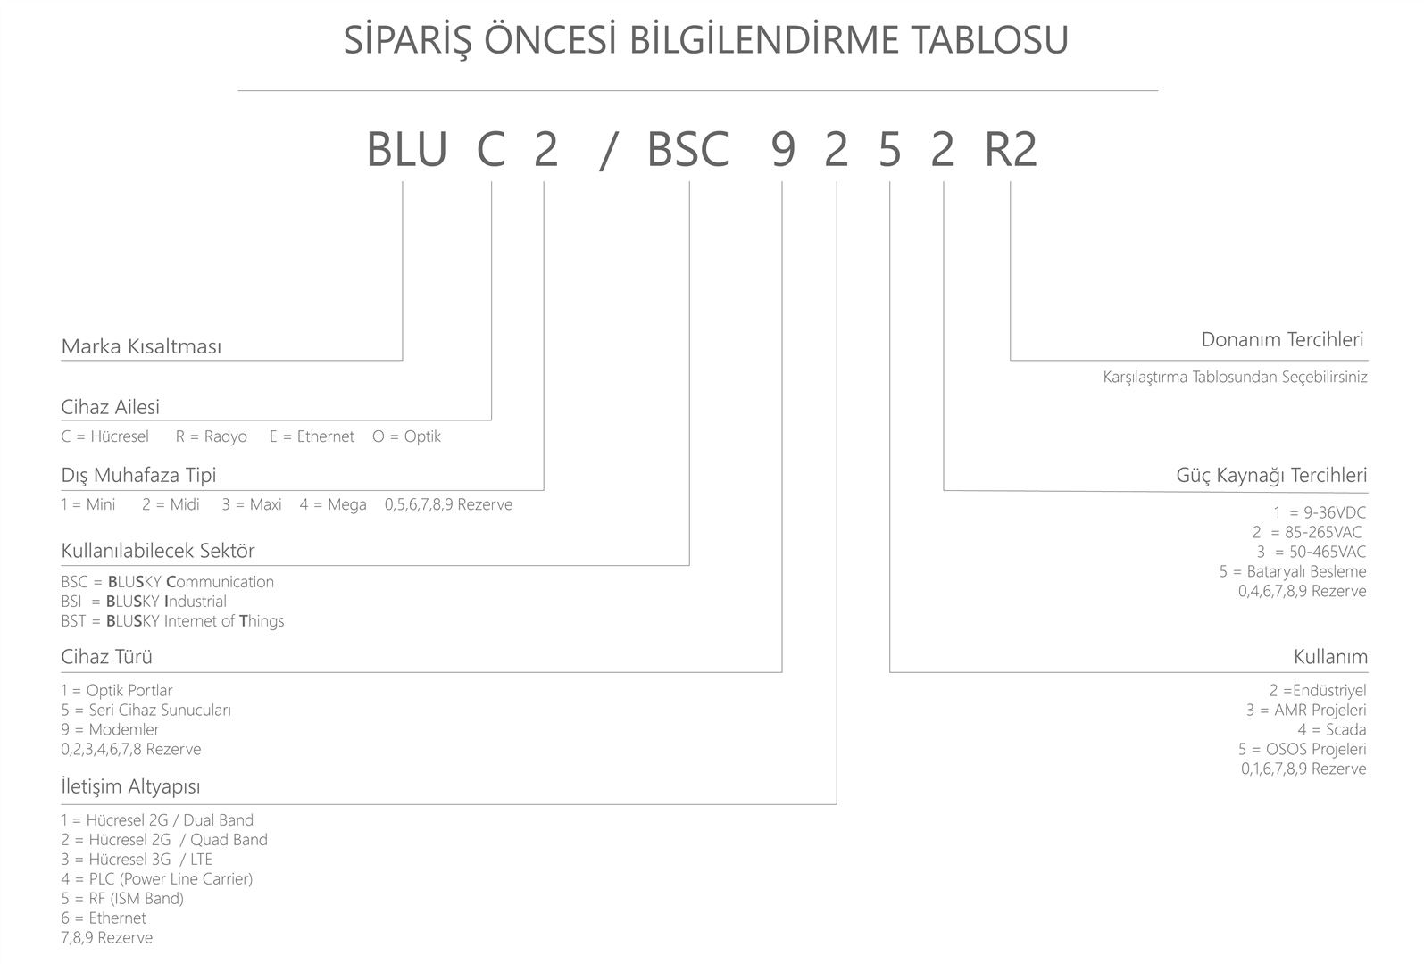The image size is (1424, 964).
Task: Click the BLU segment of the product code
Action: pos(407,150)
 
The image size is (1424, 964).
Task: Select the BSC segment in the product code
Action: pos(687,150)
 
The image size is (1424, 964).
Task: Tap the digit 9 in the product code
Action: pos(783,150)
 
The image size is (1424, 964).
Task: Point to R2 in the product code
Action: pos(1011,150)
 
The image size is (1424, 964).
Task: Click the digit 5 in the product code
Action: pos(889,150)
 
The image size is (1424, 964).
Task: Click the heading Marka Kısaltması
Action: pos(141,346)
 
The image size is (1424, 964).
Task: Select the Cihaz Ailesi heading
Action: pos(110,407)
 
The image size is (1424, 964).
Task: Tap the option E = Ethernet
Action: pos(312,436)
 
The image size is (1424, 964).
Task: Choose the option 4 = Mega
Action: pos(333,504)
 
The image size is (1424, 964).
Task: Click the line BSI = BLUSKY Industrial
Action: pos(144,601)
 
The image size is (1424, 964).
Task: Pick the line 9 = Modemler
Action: pos(110,729)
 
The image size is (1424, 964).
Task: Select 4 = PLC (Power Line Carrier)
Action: pos(157,879)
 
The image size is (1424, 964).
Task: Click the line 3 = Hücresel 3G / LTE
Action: pos(137,860)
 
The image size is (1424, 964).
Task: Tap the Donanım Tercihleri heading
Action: pos(1282,340)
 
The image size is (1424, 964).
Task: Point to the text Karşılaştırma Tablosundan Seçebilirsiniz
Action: pos(1236,377)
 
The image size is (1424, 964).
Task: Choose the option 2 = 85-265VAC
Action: pos(1307,532)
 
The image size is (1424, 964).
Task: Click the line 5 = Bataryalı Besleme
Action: pos(1293,571)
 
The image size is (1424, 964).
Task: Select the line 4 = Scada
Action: pos(1332,729)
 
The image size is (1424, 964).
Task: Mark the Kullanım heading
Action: pos(1330,656)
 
